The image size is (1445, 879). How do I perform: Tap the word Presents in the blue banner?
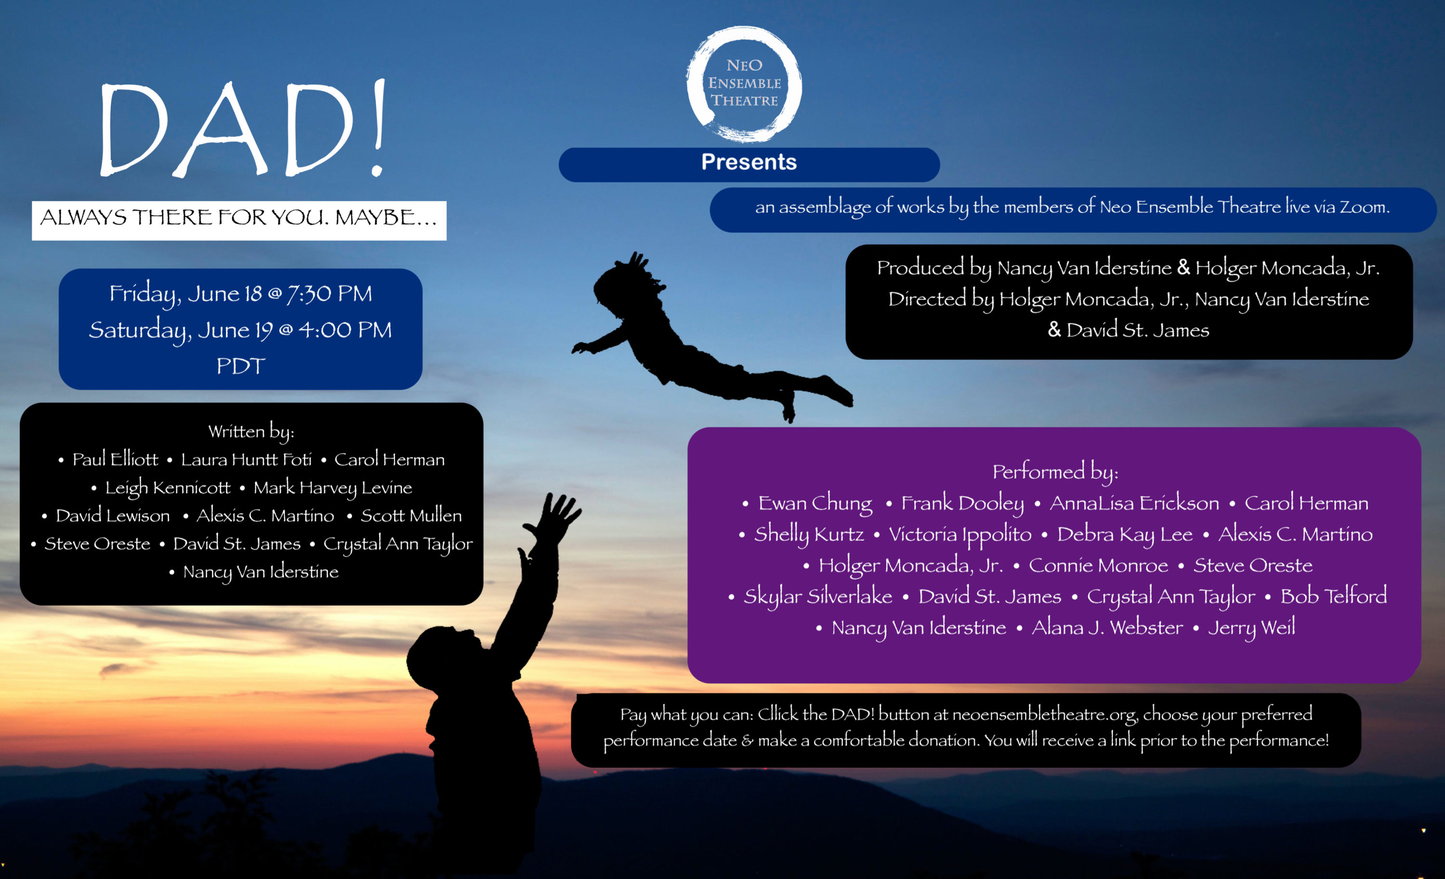(749, 162)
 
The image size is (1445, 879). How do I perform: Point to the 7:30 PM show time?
(329, 293)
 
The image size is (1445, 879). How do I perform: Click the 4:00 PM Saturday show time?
(345, 330)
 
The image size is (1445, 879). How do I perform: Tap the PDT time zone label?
(241, 366)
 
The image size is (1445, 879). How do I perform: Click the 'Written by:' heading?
(251, 432)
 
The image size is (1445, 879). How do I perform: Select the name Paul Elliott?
(115, 459)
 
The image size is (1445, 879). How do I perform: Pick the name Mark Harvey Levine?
(332, 488)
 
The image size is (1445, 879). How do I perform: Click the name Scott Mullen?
(411, 516)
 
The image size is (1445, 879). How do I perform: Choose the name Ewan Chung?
(815, 504)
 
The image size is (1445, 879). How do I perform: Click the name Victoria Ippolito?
(960, 534)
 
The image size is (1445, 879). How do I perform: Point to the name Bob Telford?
(1334, 596)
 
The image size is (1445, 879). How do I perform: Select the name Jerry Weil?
(1251, 628)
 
